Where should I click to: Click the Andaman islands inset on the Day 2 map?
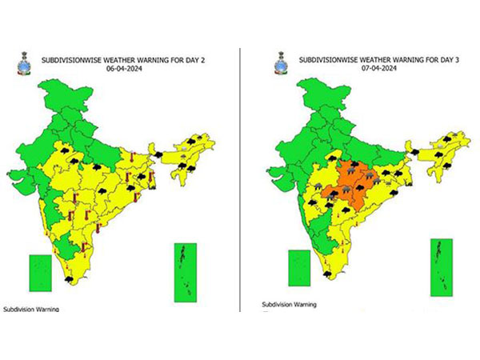[x=186, y=273]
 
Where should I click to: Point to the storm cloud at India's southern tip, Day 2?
[x=70, y=279]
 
